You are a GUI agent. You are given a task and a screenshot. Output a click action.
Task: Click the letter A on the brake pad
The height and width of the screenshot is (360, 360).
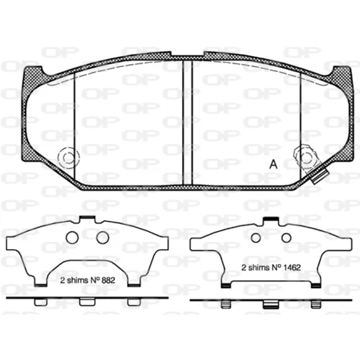(274, 164)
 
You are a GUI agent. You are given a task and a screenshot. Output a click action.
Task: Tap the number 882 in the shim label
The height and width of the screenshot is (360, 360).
(108, 280)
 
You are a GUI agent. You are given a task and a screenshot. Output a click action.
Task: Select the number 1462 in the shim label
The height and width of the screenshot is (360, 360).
(292, 268)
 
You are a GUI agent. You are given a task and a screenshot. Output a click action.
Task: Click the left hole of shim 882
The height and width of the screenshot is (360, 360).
(72, 238)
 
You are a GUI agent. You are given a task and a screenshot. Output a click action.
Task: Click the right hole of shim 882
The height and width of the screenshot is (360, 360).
(102, 238)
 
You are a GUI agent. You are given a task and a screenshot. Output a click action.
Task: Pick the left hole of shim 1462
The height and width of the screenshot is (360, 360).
(256, 238)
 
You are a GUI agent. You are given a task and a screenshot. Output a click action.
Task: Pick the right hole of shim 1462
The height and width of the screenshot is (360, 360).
(287, 238)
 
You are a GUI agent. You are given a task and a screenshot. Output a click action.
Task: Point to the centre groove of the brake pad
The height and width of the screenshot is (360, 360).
(188, 122)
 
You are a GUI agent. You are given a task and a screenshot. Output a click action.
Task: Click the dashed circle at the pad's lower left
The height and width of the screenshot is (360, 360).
(68, 158)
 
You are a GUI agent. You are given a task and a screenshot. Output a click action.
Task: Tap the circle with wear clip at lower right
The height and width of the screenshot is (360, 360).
(306, 158)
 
